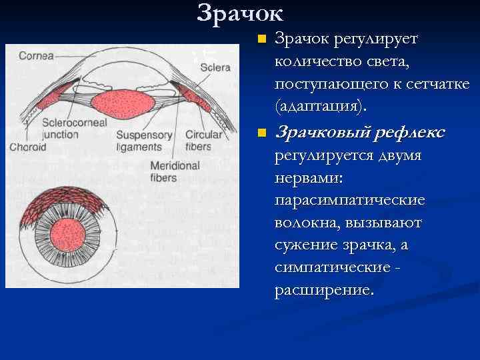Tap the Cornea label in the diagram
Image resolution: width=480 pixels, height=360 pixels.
(x=37, y=55)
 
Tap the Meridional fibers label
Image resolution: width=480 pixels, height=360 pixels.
(x=175, y=171)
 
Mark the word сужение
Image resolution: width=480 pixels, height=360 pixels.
(x=308, y=245)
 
